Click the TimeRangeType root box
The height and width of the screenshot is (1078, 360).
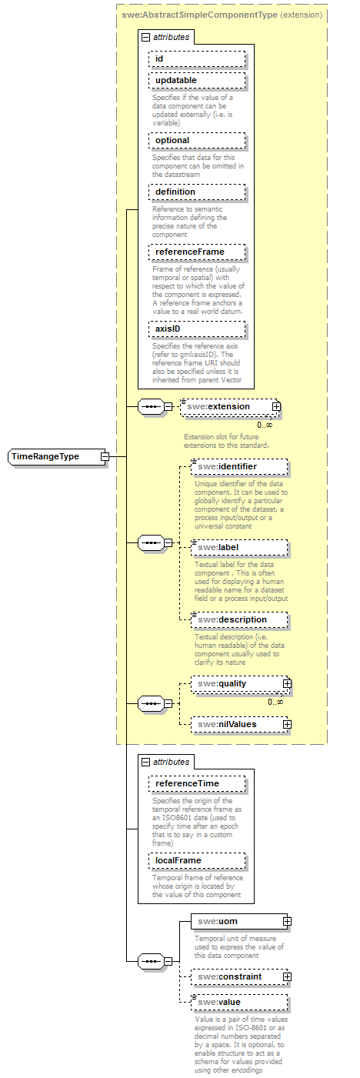point(54,456)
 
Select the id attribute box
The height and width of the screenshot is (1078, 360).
point(197,58)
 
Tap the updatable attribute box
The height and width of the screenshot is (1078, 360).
point(197,81)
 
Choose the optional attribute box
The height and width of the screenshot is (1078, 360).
point(197,141)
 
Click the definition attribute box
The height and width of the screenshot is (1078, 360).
point(197,192)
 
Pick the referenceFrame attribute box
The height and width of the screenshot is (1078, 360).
point(197,252)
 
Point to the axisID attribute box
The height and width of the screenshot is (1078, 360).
point(197,329)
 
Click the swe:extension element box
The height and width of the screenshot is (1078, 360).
point(226,406)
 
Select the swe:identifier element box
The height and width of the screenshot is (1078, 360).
point(239,466)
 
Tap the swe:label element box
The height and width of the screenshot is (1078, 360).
point(239,547)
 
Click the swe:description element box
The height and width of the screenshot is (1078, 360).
point(239,619)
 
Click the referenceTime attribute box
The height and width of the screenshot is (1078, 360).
point(197,783)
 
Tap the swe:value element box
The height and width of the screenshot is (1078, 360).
point(239,1002)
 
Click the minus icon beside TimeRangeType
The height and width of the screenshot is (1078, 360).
point(105,456)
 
